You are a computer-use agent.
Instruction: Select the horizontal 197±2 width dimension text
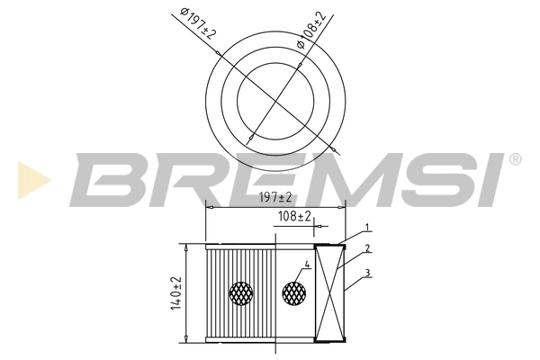coord(275,197)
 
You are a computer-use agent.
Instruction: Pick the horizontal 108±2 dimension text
coord(293,217)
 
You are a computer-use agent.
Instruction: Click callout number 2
coord(367,248)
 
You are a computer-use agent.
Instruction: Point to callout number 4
coord(307,265)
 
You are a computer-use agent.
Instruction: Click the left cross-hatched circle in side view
coord(241,292)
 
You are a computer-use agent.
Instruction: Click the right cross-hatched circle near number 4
coord(295,292)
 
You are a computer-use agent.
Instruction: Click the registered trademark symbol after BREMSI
coord(515,159)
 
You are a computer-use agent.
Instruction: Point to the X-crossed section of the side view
coord(329,292)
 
